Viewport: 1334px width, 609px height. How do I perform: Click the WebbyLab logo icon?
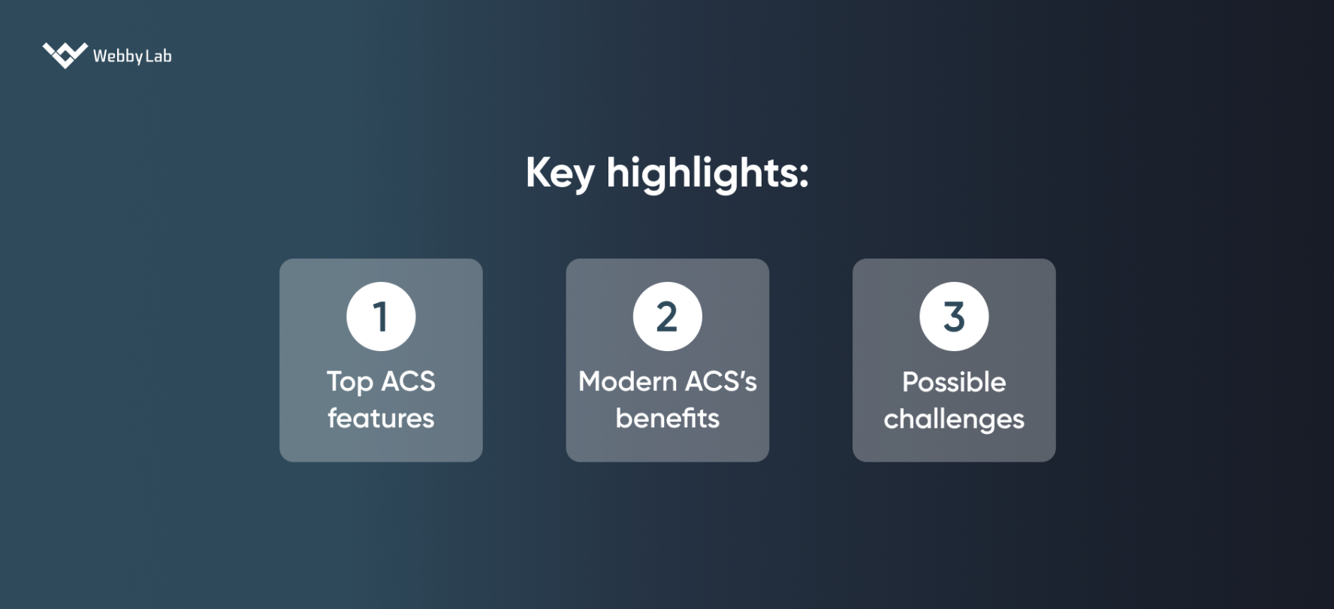click(x=65, y=55)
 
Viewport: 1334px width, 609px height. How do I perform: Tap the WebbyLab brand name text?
click(x=132, y=56)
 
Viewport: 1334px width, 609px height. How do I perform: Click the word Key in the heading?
click(x=560, y=174)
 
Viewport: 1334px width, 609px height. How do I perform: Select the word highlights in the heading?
click(x=702, y=174)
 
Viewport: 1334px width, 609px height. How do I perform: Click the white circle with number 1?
click(x=381, y=317)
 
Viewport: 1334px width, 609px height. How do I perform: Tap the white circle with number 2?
click(x=667, y=317)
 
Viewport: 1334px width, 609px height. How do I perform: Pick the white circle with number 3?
click(x=954, y=317)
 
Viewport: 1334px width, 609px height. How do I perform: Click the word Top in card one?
click(x=349, y=382)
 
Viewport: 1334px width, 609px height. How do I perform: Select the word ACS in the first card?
click(x=409, y=381)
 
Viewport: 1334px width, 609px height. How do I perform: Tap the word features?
click(x=381, y=418)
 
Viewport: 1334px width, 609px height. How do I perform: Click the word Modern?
click(x=627, y=381)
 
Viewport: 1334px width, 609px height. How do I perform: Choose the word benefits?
click(x=667, y=418)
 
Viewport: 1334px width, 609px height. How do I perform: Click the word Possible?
click(x=954, y=382)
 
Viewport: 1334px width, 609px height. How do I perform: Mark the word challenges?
click(x=954, y=419)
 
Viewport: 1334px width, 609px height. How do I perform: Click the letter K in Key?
click(x=538, y=173)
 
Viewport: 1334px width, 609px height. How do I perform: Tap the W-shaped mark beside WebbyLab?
click(x=65, y=55)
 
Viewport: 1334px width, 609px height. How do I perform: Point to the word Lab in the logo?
click(x=158, y=56)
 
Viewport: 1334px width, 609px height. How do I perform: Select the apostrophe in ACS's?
click(x=740, y=374)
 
